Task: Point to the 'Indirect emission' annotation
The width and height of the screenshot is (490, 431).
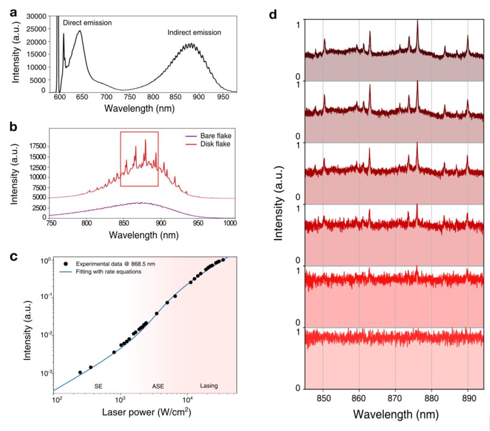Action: tap(195, 33)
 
